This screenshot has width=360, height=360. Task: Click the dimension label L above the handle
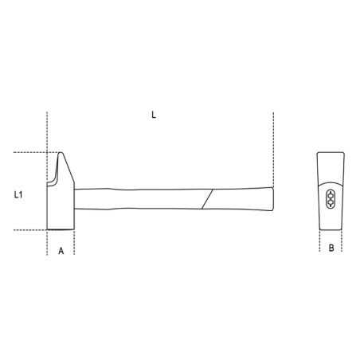[x=154, y=115]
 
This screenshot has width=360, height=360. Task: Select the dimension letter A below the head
[x=61, y=249]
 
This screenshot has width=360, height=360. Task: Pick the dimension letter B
[x=331, y=248]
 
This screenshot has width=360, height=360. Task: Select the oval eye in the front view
[x=331, y=198]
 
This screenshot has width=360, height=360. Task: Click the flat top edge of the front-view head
[x=331, y=152]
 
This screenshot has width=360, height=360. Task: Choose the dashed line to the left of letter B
[x=318, y=244]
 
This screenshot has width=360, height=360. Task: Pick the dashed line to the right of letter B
[x=343, y=244]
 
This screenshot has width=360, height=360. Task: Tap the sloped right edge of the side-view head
[x=68, y=168]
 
